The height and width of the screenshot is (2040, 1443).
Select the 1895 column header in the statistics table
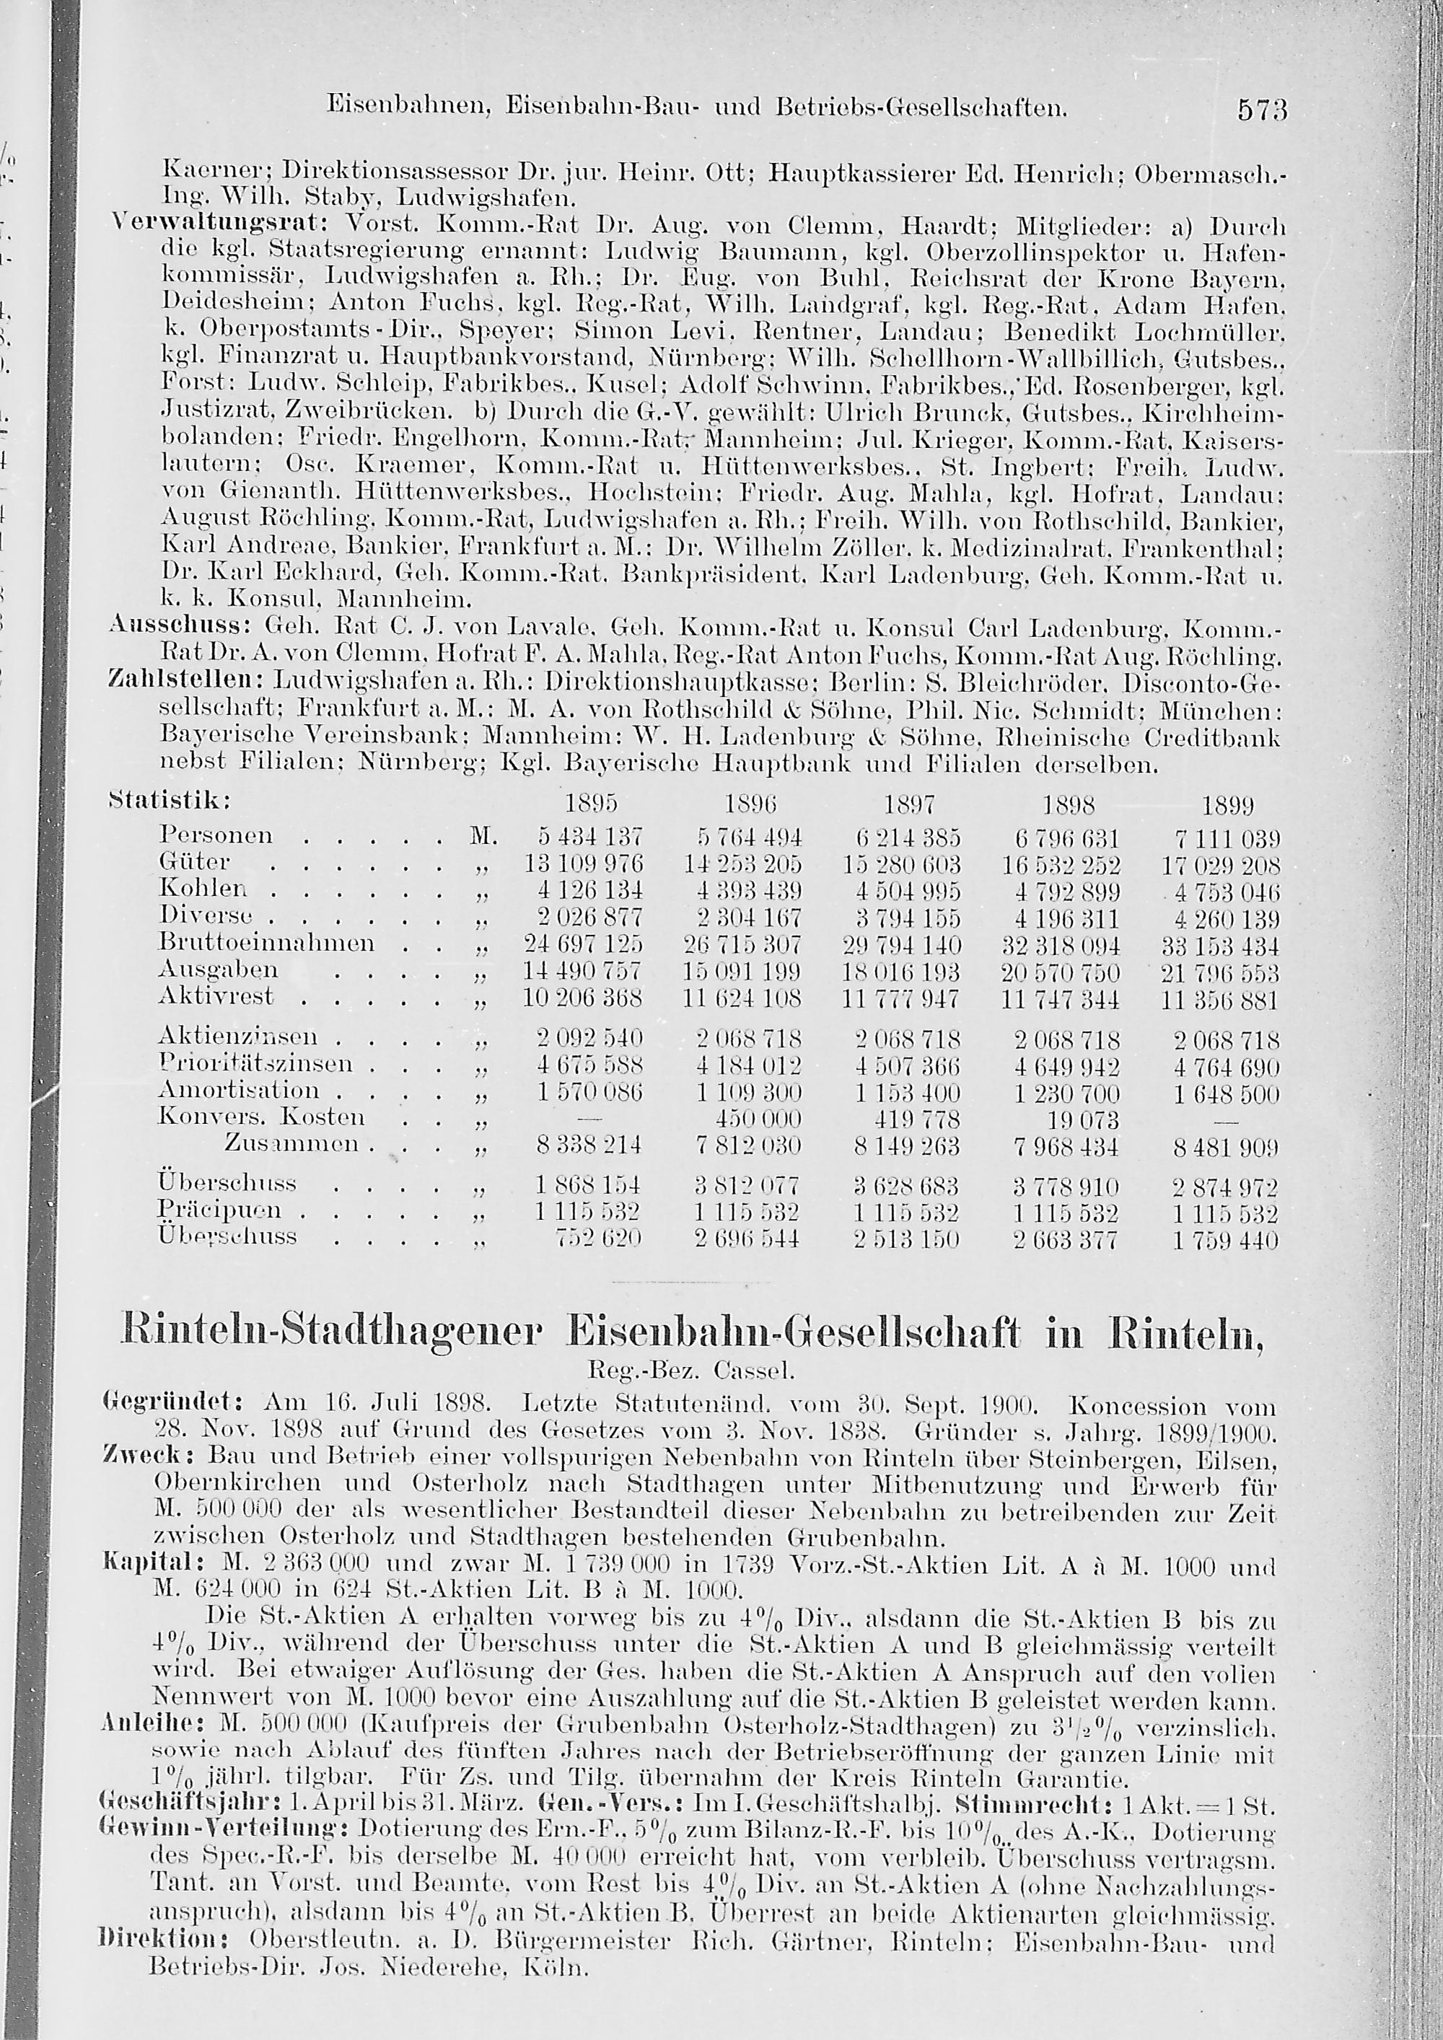click(591, 805)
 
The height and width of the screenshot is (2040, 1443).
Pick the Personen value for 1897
click(901, 838)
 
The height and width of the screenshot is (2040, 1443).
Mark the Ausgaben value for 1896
click(743, 971)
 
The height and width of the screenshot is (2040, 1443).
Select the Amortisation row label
click(238, 1090)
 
